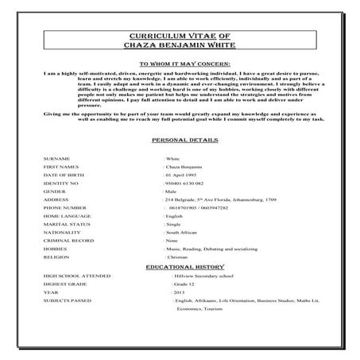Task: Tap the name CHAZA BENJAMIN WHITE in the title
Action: point(179,47)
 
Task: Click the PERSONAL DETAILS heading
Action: point(179,139)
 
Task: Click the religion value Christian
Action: point(178,257)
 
